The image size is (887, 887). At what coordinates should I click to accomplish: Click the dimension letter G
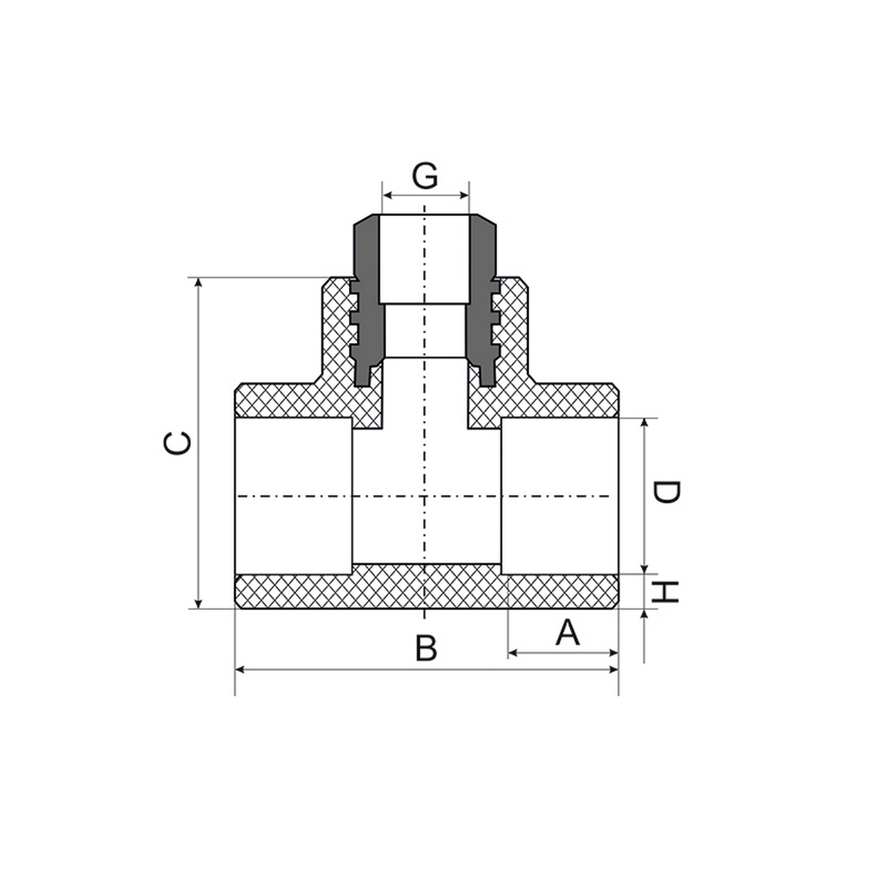tap(425, 176)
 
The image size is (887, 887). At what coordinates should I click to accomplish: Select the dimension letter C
tap(177, 444)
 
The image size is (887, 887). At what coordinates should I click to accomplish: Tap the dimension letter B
tap(426, 648)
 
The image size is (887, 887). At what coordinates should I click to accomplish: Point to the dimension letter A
tap(568, 632)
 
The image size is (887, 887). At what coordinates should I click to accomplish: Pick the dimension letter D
tap(666, 493)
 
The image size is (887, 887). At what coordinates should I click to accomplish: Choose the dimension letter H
tap(664, 592)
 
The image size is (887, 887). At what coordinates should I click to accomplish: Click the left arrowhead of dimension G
tap(387, 195)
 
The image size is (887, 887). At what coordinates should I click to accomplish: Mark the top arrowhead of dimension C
tap(199, 282)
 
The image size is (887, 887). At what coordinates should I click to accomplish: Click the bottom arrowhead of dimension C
tap(199, 603)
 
